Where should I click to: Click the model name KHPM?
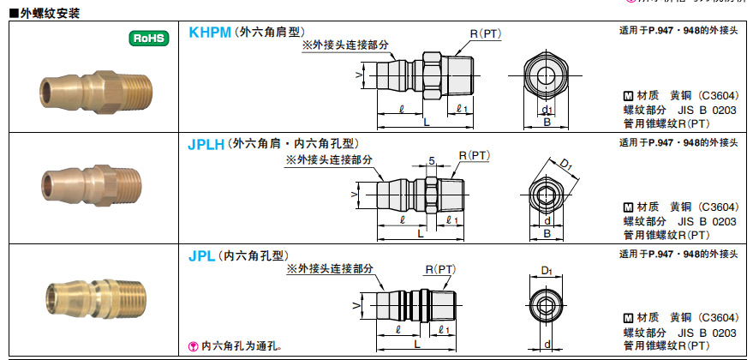pos(210,33)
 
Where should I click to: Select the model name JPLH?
pos(206,146)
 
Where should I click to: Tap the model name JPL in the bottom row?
pos(201,255)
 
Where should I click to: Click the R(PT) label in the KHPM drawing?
pos(485,33)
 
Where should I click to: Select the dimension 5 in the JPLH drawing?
pos(432,160)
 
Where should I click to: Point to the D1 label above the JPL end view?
pos(547,271)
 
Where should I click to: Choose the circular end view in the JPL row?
pos(547,304)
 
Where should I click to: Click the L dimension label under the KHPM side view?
pos(426,123)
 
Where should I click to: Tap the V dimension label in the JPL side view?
pos(355,305)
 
